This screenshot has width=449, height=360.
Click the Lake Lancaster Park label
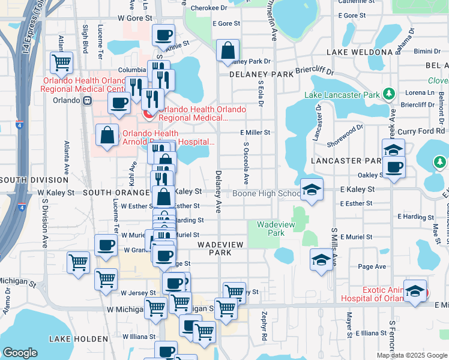pos(342,95)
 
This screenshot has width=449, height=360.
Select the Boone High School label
pos(267,193)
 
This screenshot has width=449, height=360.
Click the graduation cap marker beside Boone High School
pos(312,190)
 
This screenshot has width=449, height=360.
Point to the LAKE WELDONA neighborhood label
pos(360,52)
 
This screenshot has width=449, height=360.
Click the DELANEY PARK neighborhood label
pos(261,74)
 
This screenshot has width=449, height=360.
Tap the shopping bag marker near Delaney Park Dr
pos(228,52)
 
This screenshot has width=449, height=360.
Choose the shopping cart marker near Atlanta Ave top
pos(61,62)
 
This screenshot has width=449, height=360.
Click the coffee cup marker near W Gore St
pos(163,35)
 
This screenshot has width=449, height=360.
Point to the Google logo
pos(20,353)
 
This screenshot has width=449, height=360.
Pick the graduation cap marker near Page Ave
pos(321,260)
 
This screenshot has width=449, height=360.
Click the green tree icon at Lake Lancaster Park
pos(389,94)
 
